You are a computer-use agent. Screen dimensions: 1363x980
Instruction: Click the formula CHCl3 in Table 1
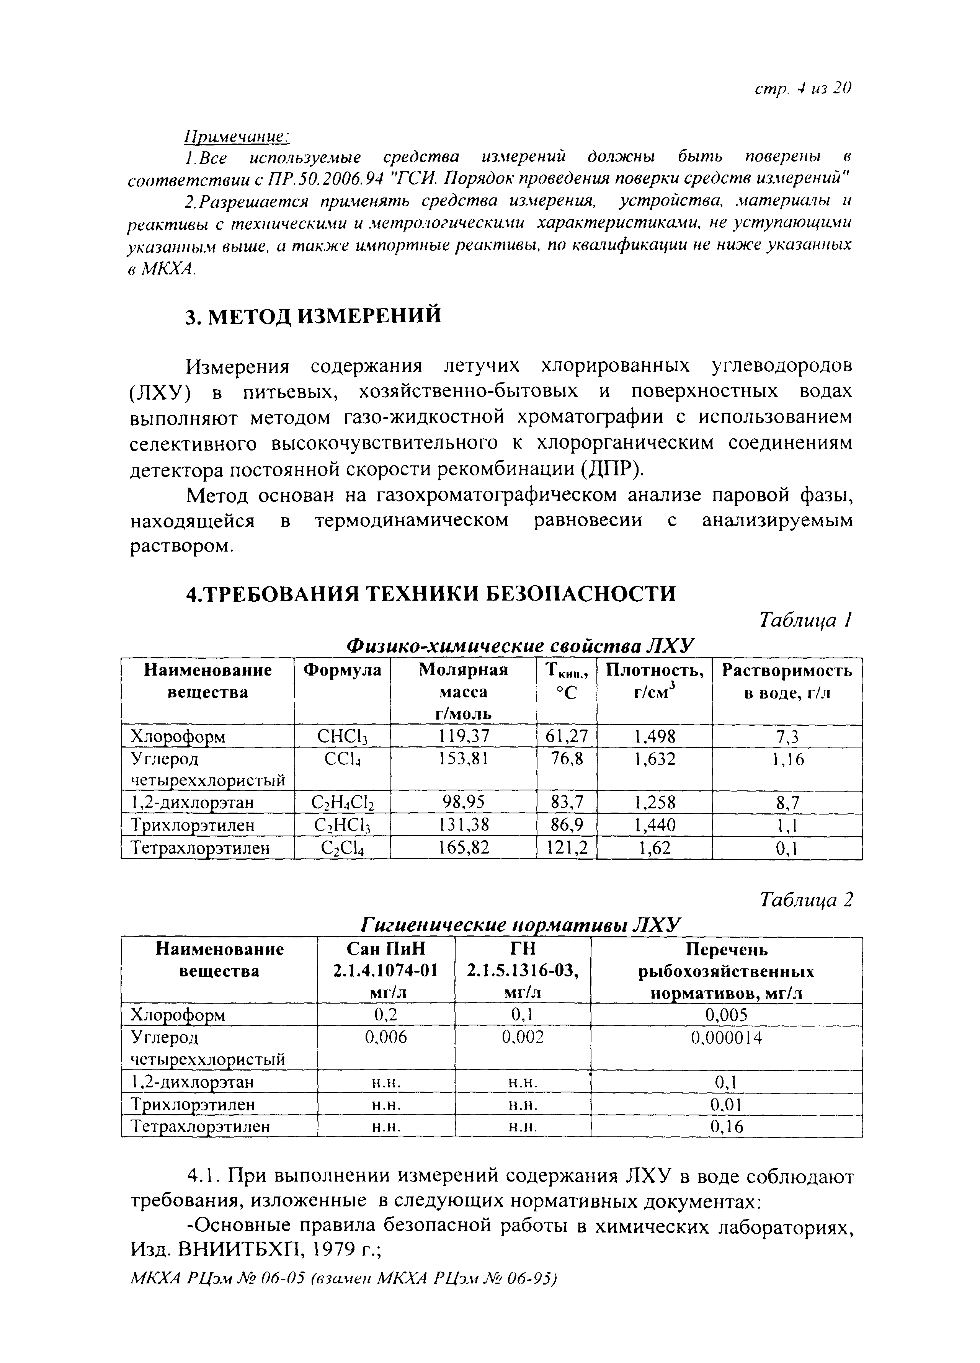coord(341,736)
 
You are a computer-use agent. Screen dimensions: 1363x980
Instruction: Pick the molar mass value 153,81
coord(463,759)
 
